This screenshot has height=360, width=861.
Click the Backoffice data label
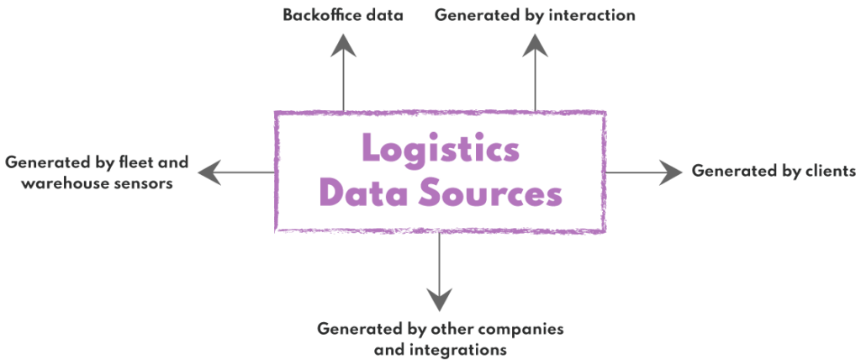[343, 15]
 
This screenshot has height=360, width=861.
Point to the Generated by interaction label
[535, 15]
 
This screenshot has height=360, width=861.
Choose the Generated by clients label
[774, 171]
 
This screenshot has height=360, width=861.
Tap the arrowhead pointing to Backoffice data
[343, 44]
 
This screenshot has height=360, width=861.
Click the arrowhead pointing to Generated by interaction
[535, 44]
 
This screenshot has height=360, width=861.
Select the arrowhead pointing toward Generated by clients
[673, 172]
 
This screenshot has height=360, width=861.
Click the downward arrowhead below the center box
[439, 299]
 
